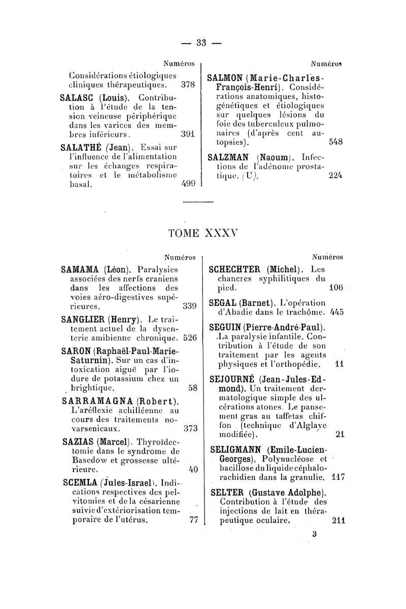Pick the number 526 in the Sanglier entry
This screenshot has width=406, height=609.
click(x=189, y=337)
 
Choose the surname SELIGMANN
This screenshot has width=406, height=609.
click(x=238, y=449)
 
